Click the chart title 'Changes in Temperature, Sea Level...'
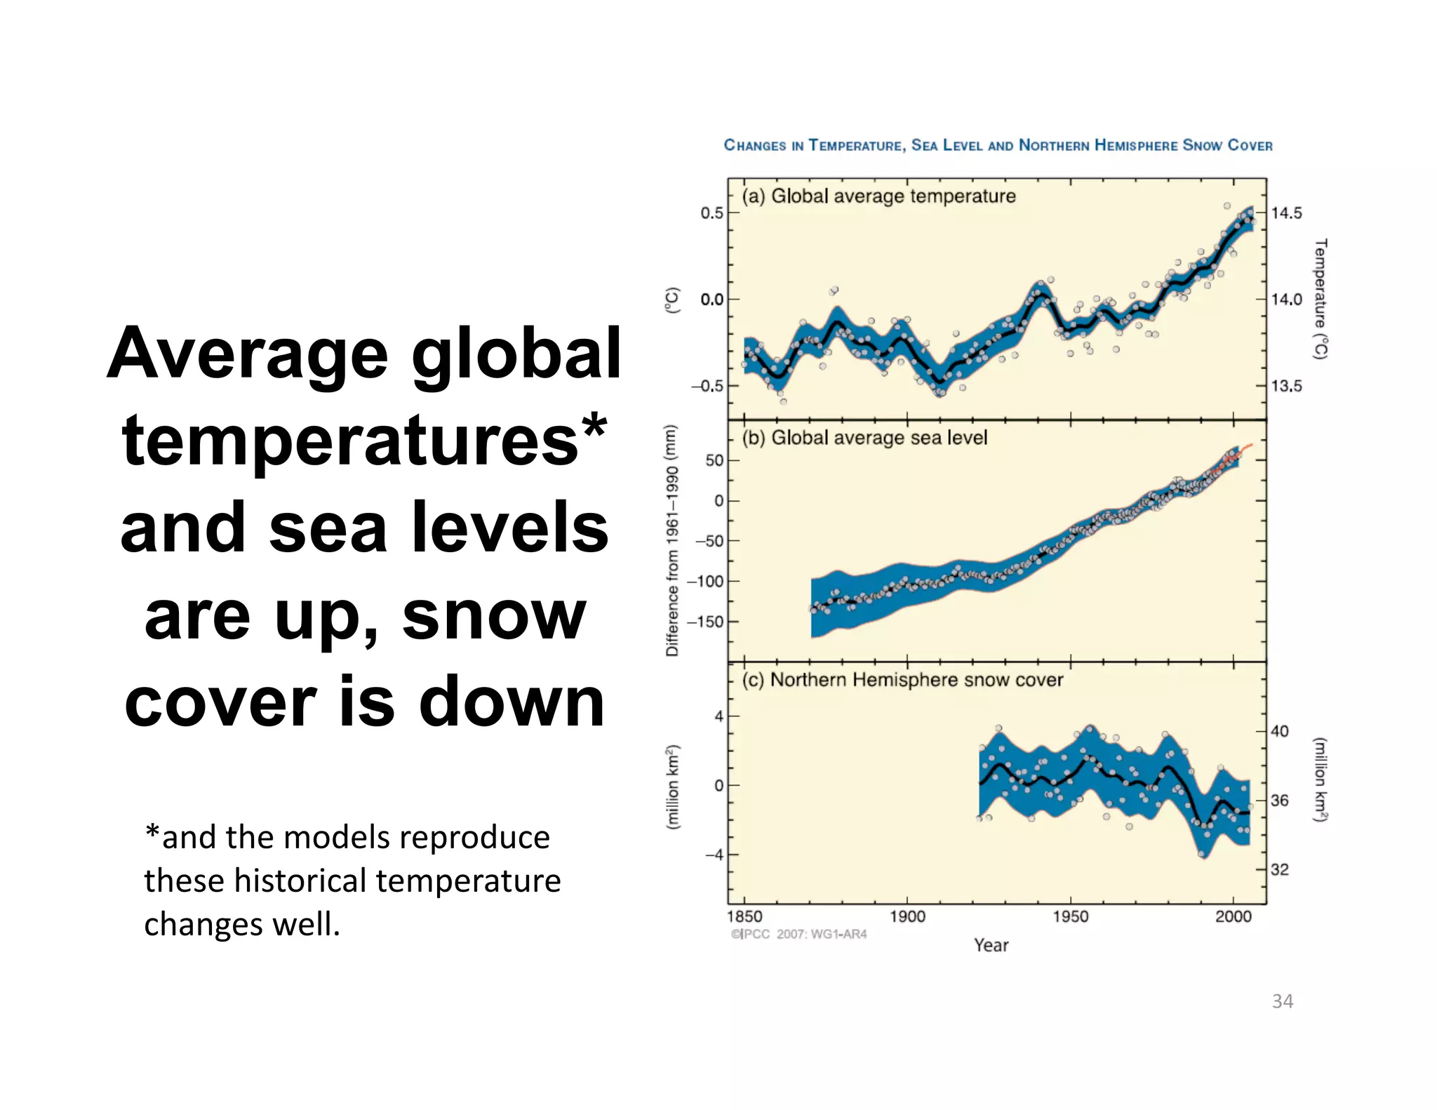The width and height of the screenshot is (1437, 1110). coord(997,145)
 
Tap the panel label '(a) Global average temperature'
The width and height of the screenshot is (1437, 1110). coord(878,196)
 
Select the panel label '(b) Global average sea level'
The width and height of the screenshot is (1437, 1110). coord(864,438)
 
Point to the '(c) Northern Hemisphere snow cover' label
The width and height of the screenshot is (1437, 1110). coord(902,680)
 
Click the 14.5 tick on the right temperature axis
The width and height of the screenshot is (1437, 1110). coord(1286,213)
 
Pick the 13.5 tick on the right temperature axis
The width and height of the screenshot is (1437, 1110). coord(1286,386)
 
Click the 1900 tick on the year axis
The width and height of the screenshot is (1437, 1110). coord(907,916)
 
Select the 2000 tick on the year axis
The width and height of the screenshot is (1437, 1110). coord(1233,916)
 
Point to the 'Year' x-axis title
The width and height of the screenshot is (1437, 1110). coord(991,945)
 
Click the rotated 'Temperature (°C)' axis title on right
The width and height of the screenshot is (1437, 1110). coord(1320,299)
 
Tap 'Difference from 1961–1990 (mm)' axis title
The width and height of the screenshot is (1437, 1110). coord(672,540)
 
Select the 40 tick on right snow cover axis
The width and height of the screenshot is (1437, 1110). coord(1280,732)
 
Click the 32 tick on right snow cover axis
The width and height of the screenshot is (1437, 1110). coord(1280,870)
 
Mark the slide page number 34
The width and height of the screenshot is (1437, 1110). coord(1282,1001)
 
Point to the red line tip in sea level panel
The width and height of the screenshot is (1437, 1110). coord(1250,445)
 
